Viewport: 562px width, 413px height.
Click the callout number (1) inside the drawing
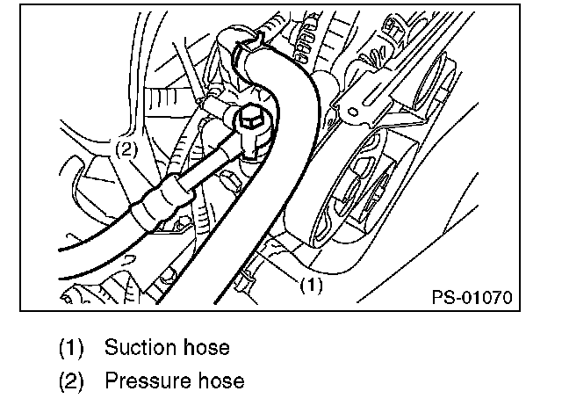coord(313,285)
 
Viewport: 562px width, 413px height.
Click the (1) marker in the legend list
coord(71,348)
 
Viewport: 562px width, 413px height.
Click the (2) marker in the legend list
coord(71,380)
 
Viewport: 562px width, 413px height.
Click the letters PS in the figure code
coord(442,296)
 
